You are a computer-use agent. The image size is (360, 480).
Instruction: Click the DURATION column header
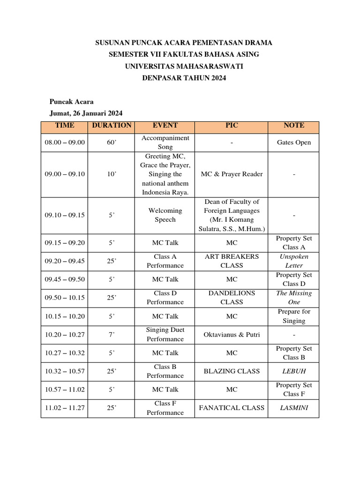point(112,126)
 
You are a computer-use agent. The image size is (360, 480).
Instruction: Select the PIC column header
point(232,126)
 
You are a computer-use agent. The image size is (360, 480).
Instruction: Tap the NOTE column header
point(294,126)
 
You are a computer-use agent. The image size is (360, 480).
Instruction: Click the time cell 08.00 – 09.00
point(65,142)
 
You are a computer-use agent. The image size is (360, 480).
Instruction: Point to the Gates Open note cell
point(294,142)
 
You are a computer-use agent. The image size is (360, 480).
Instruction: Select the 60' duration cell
point(112,142)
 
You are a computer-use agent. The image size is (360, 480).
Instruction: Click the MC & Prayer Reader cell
point(232,174)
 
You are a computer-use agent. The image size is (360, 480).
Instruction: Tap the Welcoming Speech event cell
point(165,215)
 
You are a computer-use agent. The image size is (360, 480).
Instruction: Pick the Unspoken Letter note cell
point(294,261)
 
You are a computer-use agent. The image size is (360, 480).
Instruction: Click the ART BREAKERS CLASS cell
point(232,261)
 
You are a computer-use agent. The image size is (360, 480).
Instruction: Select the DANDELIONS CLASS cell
point(232,298)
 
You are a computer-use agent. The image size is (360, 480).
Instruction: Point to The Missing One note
point(294,298)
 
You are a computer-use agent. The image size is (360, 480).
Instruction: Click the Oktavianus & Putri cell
point(232,335)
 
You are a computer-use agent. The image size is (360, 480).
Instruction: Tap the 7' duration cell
point(112,335)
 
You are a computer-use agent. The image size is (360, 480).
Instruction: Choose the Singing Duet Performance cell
point(165,335)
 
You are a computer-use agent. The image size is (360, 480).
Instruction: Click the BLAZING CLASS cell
point(232,371)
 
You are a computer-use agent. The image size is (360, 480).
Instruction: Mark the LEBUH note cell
point(294,371)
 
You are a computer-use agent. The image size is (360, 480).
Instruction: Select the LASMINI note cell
point(294,408)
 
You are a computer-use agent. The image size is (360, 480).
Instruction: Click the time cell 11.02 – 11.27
point(65,408)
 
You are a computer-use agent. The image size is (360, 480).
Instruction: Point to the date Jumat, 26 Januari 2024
point(86,113)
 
